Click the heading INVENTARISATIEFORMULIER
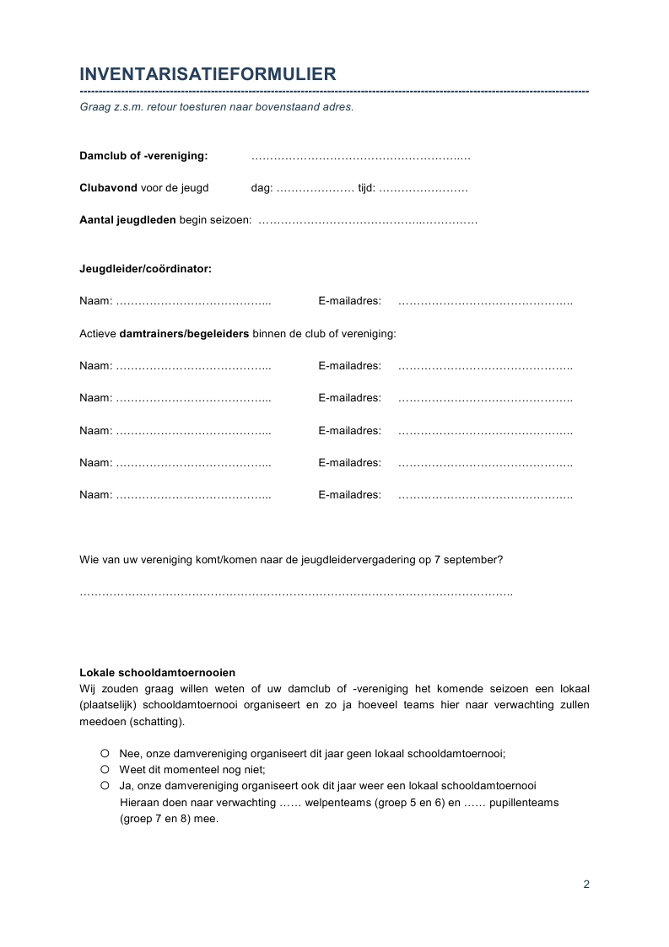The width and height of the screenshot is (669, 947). click(208, 74)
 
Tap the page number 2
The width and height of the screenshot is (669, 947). click(586, 885)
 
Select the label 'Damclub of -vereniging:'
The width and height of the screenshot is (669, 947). click(143, 156)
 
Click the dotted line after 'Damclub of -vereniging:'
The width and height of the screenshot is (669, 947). click(360, 157)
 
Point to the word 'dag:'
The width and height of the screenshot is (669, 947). click(262, 189)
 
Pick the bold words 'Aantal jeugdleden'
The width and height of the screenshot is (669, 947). click(127, 220)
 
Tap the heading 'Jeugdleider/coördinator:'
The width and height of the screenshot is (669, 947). click(145, 269)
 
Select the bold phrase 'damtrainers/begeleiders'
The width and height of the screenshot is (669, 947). click(184, 334)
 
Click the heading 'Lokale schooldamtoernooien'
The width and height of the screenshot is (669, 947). click(157, 673)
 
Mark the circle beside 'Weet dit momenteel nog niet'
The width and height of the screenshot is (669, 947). click(105, 769)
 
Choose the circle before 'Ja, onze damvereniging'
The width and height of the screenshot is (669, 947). click(105, 785)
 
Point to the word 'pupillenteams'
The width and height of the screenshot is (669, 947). click(524, 803)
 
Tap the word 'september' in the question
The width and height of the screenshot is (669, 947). click(477, 559)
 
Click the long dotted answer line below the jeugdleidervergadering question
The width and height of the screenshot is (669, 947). click(295, 594)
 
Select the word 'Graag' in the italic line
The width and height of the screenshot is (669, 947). click(94, 108)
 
